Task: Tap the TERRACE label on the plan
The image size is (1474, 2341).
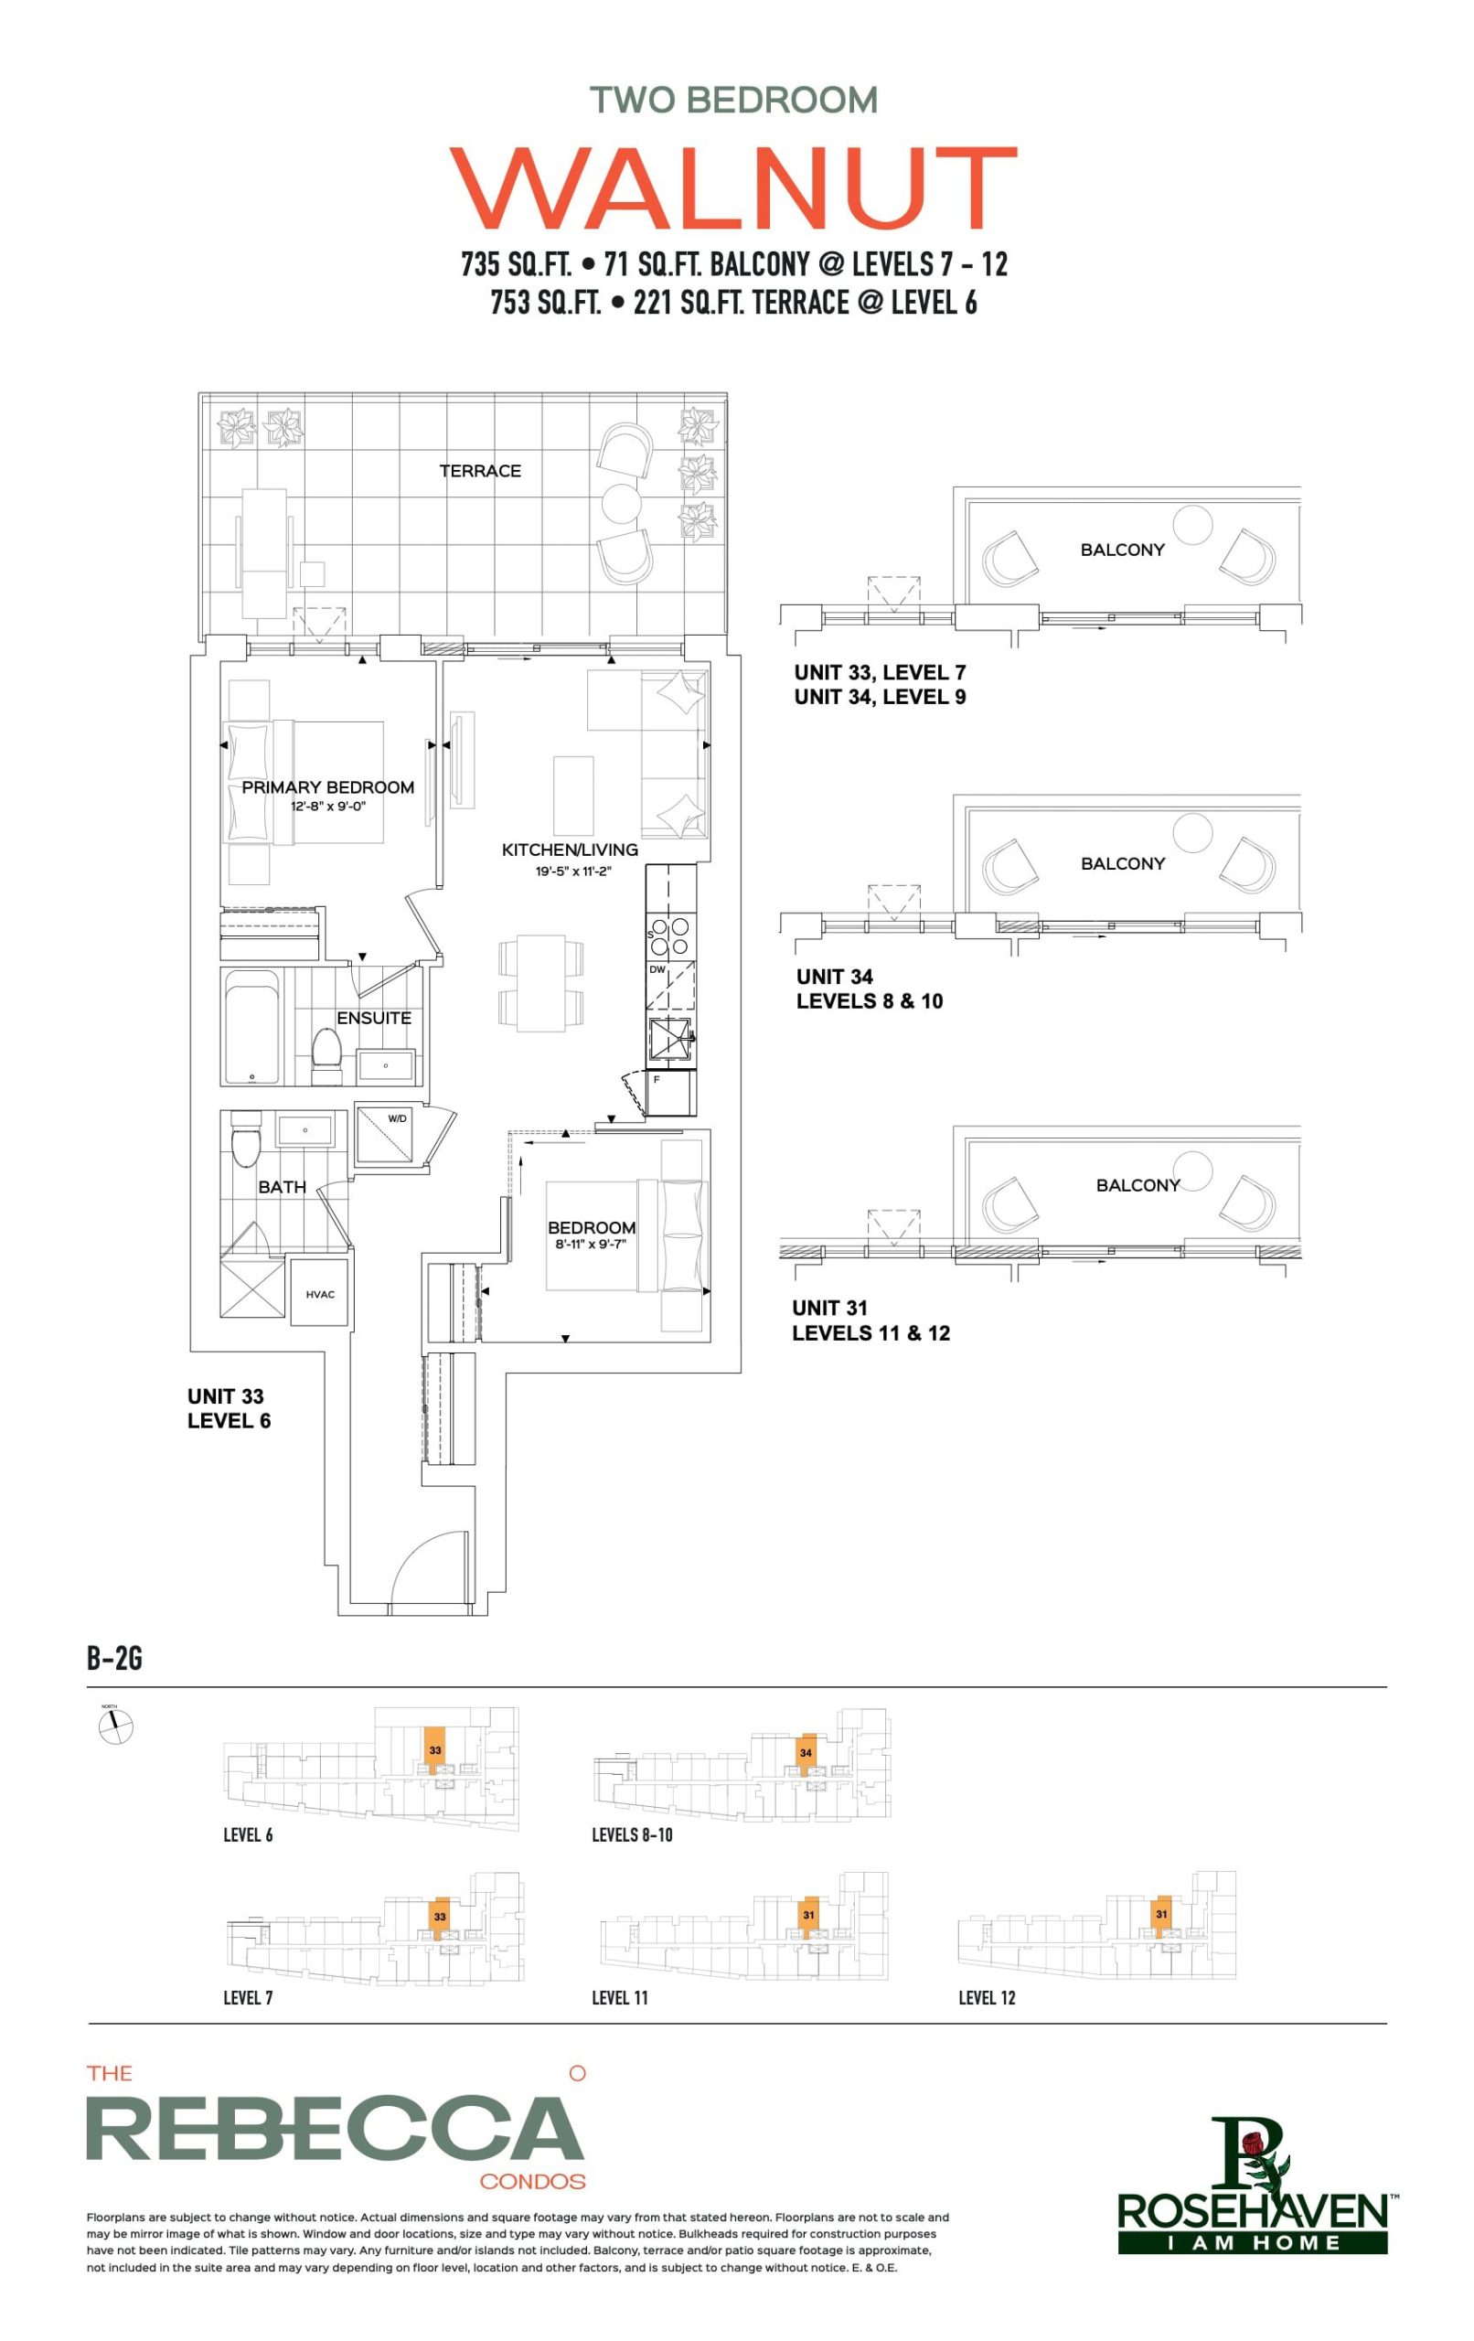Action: (479, 471)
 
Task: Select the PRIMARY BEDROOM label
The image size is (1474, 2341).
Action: (327, 786)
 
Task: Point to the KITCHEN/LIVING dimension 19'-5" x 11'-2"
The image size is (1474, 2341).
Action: (572, 871)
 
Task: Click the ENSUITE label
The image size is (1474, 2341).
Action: (373, 1018)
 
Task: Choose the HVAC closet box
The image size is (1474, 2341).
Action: (320, 1293)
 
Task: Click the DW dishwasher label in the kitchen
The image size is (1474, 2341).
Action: (657, 969)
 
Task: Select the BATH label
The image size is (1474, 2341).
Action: (282, 1187)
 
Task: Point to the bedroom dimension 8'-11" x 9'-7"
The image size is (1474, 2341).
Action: (590, 1244)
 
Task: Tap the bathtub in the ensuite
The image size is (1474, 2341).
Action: (251, 1029)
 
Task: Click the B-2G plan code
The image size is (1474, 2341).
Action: (114, 1658)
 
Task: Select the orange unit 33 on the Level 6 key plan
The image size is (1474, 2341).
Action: (434, 1752)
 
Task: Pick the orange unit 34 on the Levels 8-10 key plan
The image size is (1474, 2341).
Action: (805, 1754)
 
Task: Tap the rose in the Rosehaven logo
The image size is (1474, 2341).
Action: (1254, 2141)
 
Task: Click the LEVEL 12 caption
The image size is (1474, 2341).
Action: (986, 1998)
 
